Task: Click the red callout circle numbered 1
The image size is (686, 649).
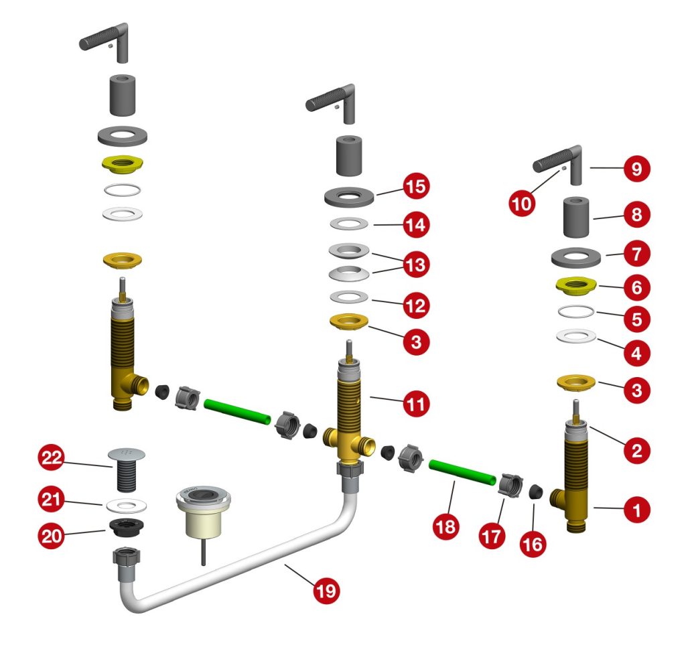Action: [x=636, y=512]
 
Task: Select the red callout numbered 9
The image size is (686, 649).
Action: [x=636, y=169]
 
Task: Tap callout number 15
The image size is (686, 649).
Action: [x=416, y=186]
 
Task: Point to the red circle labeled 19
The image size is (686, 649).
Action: [x=326, y=591]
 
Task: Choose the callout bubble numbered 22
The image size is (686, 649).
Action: [x=51, y=458]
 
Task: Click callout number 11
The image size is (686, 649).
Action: [x=416, y=404]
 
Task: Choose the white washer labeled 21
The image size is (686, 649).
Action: [x=123, y=503]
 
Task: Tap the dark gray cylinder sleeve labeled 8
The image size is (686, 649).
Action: [x=577, y=216]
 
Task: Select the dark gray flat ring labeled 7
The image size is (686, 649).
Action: [x=575, y=257]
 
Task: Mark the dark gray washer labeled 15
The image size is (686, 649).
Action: [x=349, y=197]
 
